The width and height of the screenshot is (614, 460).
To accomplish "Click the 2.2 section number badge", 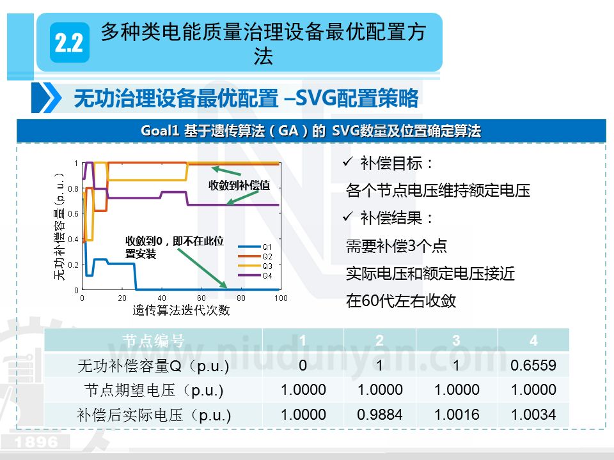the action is coord(69,43).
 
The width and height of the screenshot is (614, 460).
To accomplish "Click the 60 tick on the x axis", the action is coord(201,298).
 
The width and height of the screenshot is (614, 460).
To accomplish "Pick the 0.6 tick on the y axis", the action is coord(74,214).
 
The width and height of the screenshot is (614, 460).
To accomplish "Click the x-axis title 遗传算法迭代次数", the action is coord(180,311).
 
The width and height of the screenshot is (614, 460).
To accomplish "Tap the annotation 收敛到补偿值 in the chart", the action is coord(239,185).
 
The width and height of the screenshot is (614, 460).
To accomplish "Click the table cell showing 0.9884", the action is coord(380,415).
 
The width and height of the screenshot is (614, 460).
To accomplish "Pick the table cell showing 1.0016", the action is coord(456,415).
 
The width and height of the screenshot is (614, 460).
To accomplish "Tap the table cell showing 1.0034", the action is coord(533,415).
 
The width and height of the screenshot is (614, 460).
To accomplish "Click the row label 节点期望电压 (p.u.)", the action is coord(153,390).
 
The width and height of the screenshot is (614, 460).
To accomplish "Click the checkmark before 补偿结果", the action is coord(349,218).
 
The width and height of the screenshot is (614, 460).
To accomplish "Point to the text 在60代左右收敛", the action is coord(401,301).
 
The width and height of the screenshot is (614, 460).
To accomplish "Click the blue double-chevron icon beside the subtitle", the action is coord(47,98).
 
